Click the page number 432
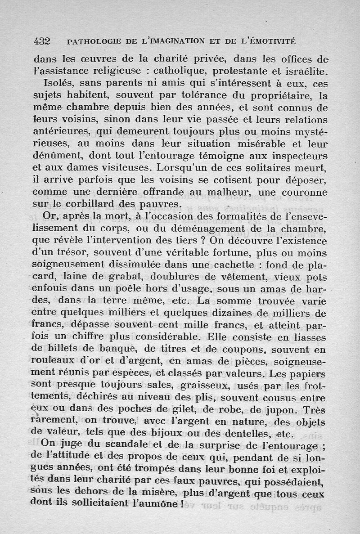[x=41, y=41]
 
